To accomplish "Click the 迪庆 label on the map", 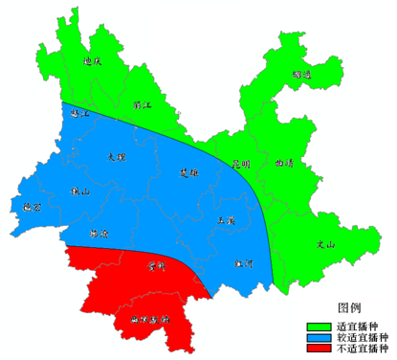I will (x=93, y=61).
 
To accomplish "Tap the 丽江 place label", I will (x=141, y=103).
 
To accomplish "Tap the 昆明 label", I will (x=239, y=163).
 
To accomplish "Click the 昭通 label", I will (x=302, y=74).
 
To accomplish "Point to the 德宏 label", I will (x=33, y=206).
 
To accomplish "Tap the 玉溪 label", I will (x=227, y=220).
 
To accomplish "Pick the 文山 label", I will (x=326, y=245).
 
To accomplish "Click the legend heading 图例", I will (x=349, y=306).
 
